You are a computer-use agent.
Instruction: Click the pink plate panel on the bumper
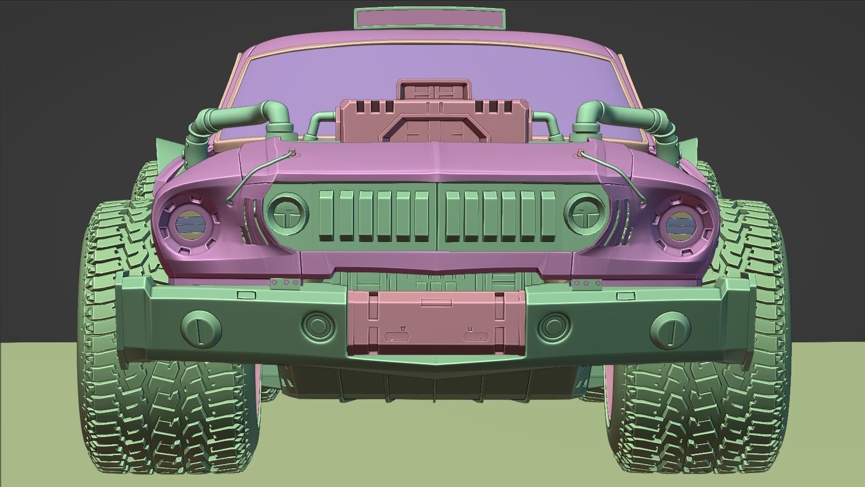[436, 322]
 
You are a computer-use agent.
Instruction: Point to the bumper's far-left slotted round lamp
[201, 327]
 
